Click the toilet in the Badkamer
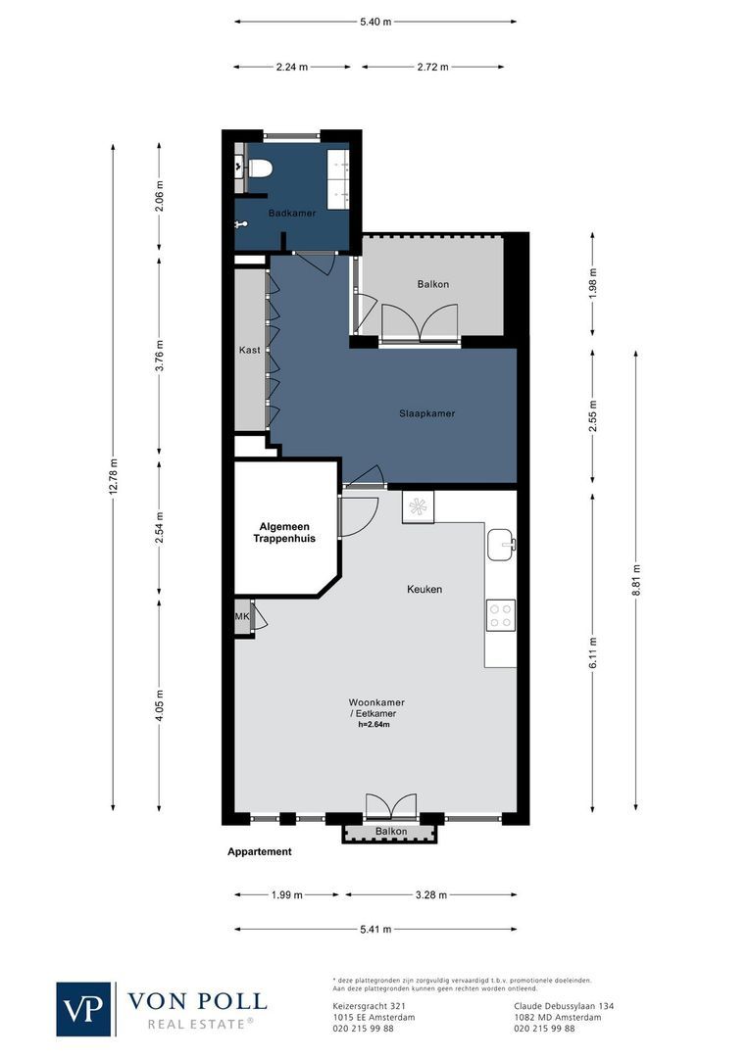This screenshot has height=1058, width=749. click(260, 168)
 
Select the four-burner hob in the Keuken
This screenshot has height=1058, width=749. click(500, 614)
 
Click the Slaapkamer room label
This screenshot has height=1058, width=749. click(426, 413)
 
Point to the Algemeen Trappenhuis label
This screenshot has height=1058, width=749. click(284, 532)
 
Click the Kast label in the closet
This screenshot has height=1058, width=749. click(249, 350)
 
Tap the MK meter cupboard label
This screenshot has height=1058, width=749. click(242, 617)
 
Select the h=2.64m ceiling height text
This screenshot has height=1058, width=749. click(374, 725)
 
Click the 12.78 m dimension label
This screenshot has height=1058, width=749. click(113, 477)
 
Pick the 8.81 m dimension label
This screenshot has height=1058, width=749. click(635, 580)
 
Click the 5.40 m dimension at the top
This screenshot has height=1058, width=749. click(375, 22)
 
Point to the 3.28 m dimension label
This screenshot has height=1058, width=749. click(431, 894)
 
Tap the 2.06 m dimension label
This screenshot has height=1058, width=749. click(160, 196)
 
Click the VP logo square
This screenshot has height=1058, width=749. click(83, 1009)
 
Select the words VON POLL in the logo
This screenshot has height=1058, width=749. click(197, 1001)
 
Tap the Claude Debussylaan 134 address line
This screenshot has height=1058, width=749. click(564, 1006)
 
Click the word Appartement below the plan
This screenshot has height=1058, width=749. click(260, 851)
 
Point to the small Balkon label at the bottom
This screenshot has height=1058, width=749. click(391, 832)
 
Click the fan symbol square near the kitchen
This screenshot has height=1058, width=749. click(418, 506)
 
